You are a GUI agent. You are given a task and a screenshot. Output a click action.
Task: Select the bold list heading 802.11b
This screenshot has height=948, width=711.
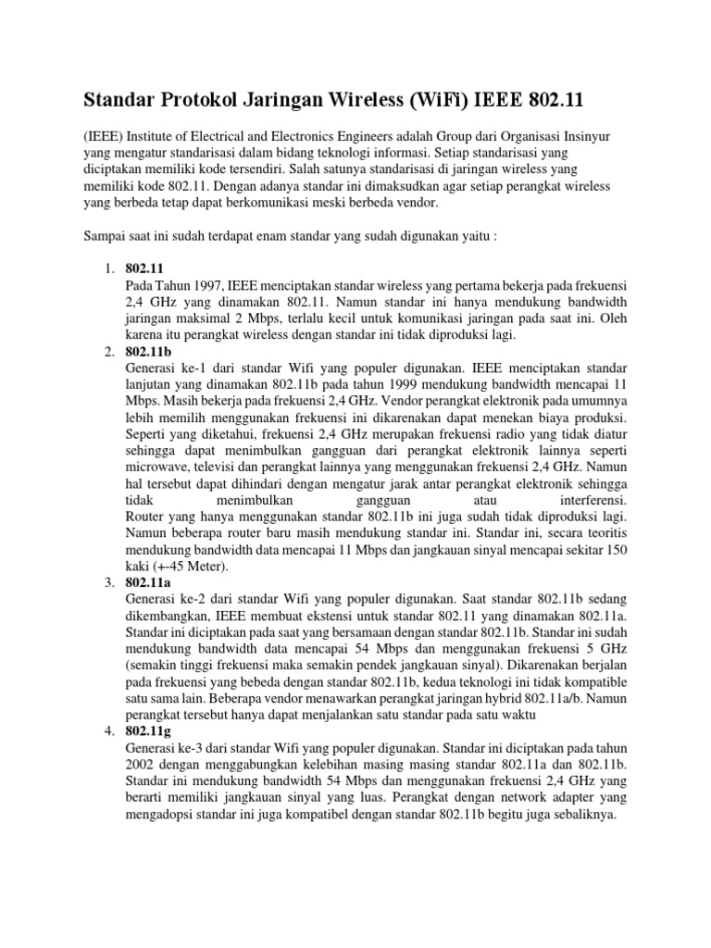click(x=147, y=352)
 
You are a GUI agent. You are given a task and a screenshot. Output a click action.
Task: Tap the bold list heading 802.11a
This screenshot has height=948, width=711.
click(x=146, y=581)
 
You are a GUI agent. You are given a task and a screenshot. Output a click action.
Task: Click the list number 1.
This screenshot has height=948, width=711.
click(x=106, y=268)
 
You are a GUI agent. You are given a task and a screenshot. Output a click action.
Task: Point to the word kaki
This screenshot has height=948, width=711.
click(x=136, y=566)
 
